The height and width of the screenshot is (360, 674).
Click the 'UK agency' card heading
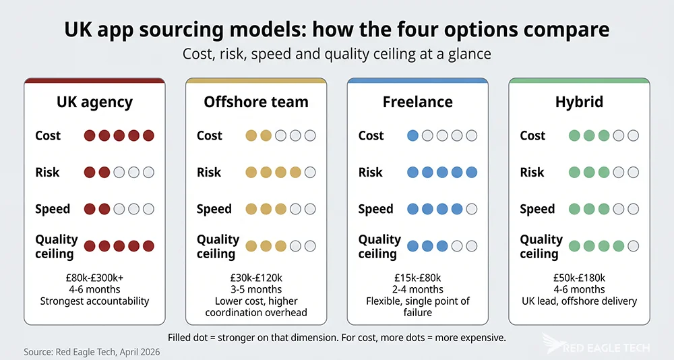pos(94,102)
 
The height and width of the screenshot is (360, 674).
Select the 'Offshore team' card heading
pos(256,102)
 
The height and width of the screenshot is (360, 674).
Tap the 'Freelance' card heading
pos(417,102)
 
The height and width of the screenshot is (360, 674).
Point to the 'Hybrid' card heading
pos(579,102)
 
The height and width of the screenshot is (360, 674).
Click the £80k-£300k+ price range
pos(94,277)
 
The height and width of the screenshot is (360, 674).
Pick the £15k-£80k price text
pos(417,277)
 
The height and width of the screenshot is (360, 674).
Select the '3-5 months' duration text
pos(256,289)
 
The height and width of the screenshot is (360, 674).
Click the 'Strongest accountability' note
pos(94,301)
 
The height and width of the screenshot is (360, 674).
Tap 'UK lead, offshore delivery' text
pos(579,301)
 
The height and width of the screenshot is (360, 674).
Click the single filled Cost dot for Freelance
pos(413,136)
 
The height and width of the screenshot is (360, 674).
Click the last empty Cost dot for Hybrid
pos(633,136)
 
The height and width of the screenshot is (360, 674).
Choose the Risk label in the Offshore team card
pos(209,173)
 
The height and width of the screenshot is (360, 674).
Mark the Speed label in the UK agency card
pos(53,209)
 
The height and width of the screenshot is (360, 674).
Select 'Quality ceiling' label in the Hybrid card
pos(541,247)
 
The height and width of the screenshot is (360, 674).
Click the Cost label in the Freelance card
pos(371,136)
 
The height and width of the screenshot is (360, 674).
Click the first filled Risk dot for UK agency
pos(90,173)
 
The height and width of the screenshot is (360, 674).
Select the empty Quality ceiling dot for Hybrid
pos(633,246)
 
